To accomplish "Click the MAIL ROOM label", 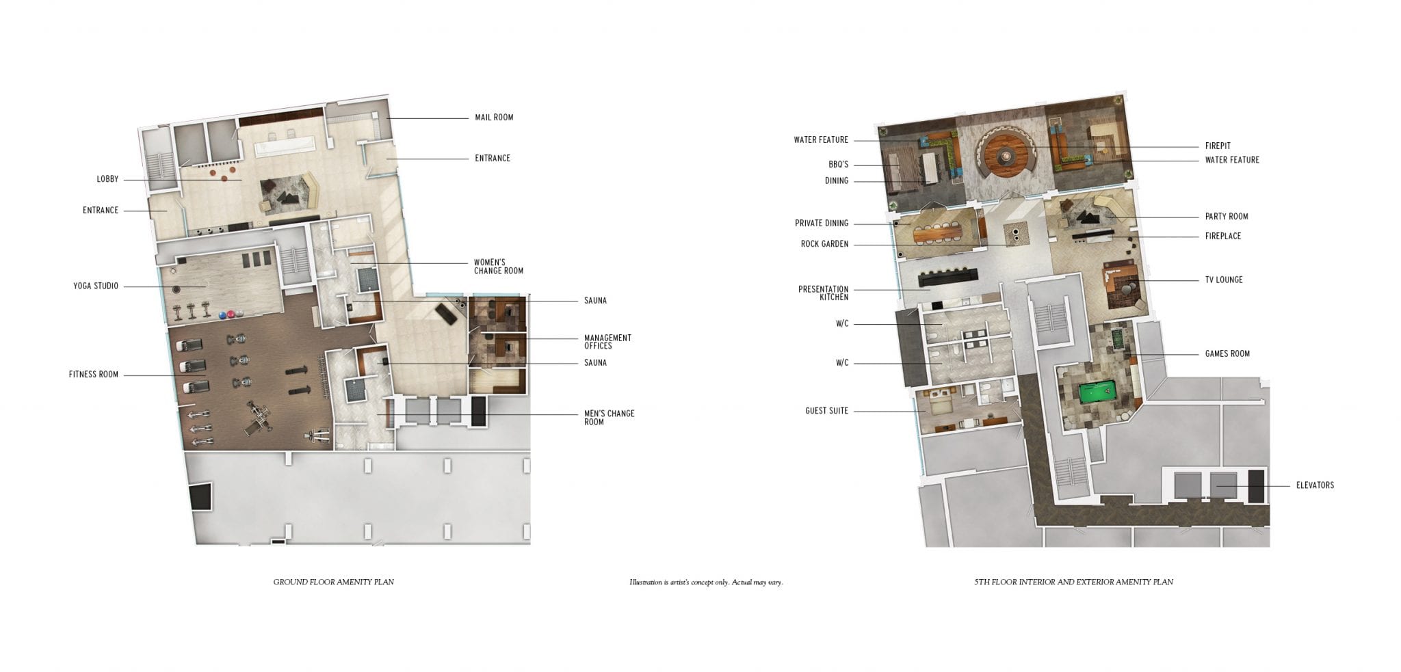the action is click(494, 118).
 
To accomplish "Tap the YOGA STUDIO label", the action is click(96, 286).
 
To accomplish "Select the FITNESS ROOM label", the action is click(94, 375).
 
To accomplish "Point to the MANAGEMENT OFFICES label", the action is click(607, 342).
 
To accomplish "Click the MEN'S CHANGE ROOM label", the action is click(609, 418).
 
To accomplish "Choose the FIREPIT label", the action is click(1218, 146).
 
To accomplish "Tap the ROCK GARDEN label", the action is click(824, 244).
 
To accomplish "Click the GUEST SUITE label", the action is click(826, 412).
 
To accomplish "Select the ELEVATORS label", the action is click(1315, 485).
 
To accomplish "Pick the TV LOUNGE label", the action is click(1224, 280).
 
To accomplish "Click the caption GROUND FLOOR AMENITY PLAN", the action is click(334, 582).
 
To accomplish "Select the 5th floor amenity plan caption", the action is click(1073, 582).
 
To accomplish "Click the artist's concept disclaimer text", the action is click(706, 582).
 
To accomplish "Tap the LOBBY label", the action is click(107, 180).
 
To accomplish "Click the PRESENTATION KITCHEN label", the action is click(823, 293).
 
